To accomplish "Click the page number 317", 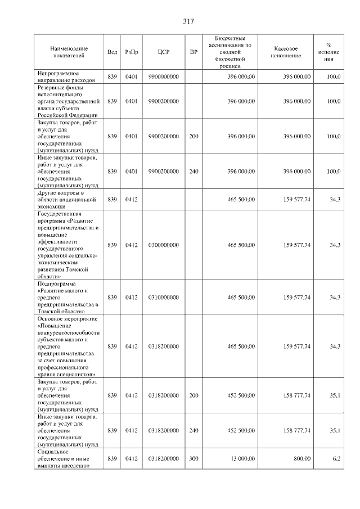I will pyautogui.click(x=188, y=21).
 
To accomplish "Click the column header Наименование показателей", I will pyautogui.click(x=67, y=52).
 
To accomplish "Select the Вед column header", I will pyautogui.click(x=112, y=52).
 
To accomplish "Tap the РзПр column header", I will pyautogui.click(x=132, y=52).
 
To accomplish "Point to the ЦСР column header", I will pyautogui.click(x=163, y=52).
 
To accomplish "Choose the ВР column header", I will pyautogui.click(x=193, y=52).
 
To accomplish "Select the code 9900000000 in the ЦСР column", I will pyautogui.click(x=163, y=76).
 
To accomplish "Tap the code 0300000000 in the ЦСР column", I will pyautogui.click(x=163, y=245).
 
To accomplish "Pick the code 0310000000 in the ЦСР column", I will pyautogui.click(x=163, y=297).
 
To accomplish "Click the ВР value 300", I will pyautogui.click(x=193, y=459).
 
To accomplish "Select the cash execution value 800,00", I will pyautogui.click(x=301, y=459).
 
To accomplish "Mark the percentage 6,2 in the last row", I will pyautogui.click(x=336, y=459).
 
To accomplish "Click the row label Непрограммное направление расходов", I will pyautogui.click(x=66, y=76).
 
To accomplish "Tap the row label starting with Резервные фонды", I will pyautogui.click(x=67, y=101).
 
